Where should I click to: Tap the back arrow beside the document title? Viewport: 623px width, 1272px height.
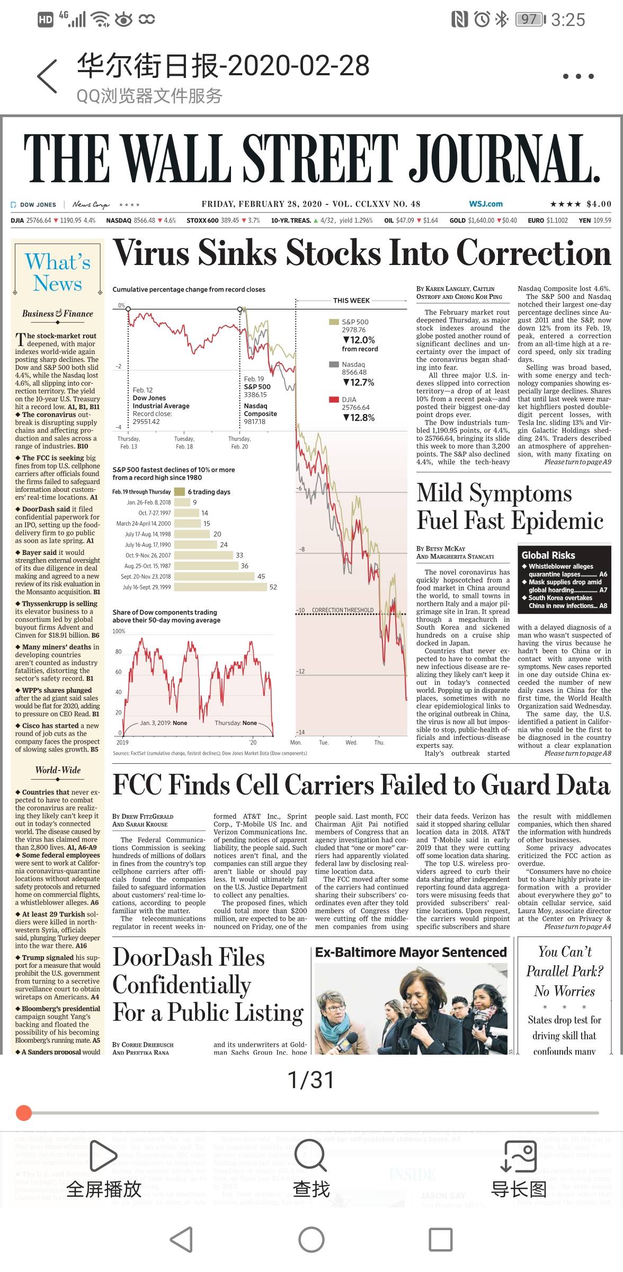tap(47, 76)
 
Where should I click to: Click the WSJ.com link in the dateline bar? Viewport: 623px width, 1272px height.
tap(485, 204)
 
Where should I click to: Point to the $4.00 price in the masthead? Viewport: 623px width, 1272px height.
tap(599, 204)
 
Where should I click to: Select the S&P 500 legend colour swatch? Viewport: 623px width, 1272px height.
tap(334, 322)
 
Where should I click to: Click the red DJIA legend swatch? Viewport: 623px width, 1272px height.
tap(334, 400)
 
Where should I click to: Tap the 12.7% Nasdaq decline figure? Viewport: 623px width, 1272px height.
tap(359, 382)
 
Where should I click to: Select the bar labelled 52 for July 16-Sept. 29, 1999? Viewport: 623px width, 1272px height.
tap(220, 587)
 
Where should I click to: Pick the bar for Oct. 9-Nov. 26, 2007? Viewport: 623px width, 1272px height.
tap(203, 555)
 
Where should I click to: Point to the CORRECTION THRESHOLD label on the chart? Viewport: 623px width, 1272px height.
tap(342, 610)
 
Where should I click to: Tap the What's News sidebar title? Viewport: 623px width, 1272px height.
tap(58, 272)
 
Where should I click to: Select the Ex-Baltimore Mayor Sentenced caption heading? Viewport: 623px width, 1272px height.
tap(411, 952)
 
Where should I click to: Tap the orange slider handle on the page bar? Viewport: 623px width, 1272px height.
tap(24, 1113)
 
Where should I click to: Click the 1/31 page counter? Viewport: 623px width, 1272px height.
tap(311, 1080)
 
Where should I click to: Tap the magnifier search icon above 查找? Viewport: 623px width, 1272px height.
tap(311, 1155)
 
